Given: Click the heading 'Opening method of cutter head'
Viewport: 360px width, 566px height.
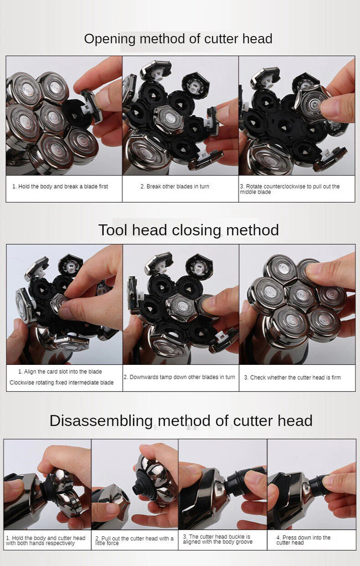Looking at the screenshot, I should tap(178, 39).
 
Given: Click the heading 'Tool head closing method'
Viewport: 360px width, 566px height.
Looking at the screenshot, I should tap(189, 230).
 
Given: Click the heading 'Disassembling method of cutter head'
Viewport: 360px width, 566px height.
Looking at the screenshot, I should tap(181, 421).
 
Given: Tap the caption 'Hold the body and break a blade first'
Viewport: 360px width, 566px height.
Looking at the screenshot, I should tap(60, 186).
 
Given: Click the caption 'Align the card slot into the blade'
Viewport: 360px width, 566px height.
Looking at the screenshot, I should tap(60, 372).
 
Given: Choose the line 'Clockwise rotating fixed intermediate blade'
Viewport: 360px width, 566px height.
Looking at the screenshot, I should tap(62, 382).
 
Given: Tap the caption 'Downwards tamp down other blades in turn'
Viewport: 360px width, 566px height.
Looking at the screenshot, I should tap(179, 377).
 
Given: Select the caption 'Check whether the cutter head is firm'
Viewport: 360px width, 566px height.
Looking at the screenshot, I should tap(292, 377).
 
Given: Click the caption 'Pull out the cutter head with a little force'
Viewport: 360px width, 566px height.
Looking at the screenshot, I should tap(134, 541).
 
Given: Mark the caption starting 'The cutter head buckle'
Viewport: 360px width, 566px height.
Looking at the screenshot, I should tap(217, 539).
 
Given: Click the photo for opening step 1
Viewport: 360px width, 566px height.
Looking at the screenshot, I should tap(64, 116).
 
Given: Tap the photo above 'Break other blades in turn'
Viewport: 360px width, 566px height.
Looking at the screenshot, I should tap(180, 116).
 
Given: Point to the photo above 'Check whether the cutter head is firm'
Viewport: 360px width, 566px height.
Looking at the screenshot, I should tap(297, 305).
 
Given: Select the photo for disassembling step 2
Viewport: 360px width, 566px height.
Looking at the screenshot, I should tap(135, 484).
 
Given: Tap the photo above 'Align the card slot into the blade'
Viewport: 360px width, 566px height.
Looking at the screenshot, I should tap(64, 305).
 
